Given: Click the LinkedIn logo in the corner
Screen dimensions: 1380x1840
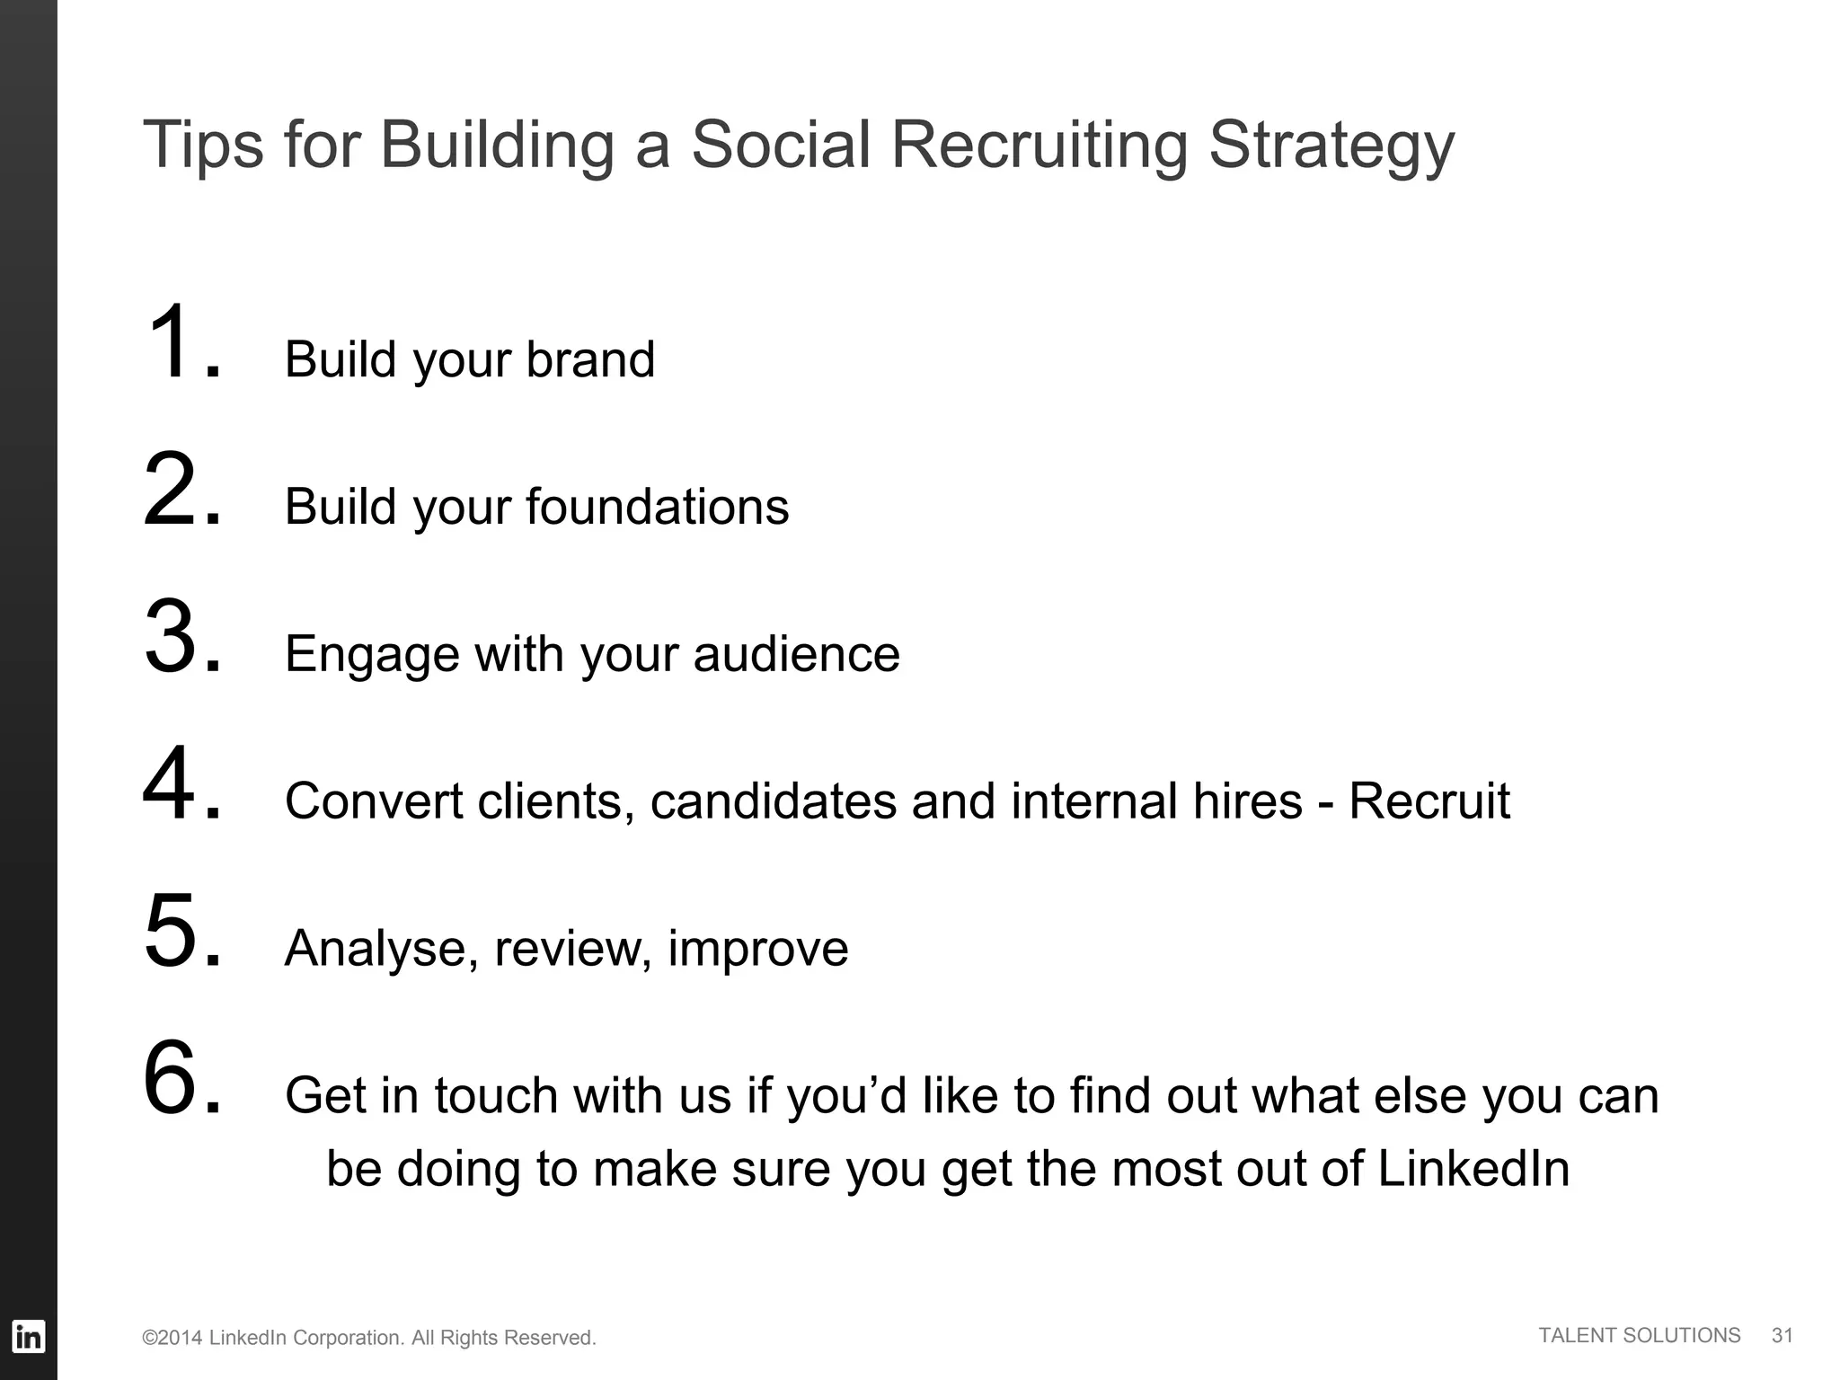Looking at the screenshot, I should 28,1336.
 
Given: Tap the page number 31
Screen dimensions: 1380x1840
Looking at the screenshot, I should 1782,1335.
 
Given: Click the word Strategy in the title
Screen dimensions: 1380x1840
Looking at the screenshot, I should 1331,146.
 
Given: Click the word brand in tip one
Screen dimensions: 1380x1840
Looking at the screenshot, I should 590,359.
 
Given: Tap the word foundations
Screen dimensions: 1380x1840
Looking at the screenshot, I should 657,507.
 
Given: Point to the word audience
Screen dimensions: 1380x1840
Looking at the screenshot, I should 796,654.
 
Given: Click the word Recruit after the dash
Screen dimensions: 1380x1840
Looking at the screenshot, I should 1429,801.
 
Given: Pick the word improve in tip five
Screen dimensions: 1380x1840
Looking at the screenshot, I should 757,949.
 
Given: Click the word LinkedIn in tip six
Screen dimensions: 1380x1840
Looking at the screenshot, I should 1473,1169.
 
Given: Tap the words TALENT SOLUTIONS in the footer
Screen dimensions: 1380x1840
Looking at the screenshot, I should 1640,1335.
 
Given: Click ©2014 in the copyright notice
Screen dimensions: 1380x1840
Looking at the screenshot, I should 172,1338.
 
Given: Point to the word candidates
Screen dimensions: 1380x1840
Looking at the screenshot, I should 773,801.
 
